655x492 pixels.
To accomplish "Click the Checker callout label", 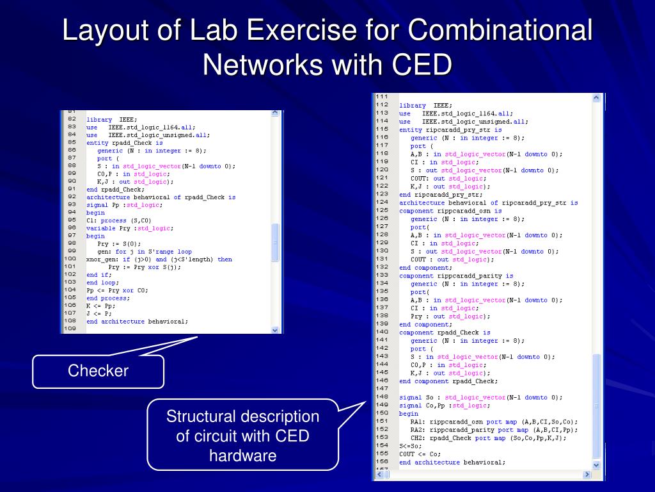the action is pos(98,371).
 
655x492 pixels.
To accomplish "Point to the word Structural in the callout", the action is pos(203,417).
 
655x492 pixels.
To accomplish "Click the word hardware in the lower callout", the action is pos(242,455).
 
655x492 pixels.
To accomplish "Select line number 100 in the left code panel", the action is pos(71,259).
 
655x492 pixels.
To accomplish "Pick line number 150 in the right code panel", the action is pos(382,413).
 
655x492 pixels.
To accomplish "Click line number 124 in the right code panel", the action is pos(382,202).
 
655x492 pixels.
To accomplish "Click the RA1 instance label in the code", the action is pos(418,422).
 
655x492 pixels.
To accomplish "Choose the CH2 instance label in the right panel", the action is pos(418,438).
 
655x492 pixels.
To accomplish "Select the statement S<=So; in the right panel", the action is pos(410,446).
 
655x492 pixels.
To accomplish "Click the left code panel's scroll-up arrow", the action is pos(275,113).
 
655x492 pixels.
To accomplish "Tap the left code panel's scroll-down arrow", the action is pos(275,330).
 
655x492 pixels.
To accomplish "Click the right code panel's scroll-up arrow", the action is pos(596,98).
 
